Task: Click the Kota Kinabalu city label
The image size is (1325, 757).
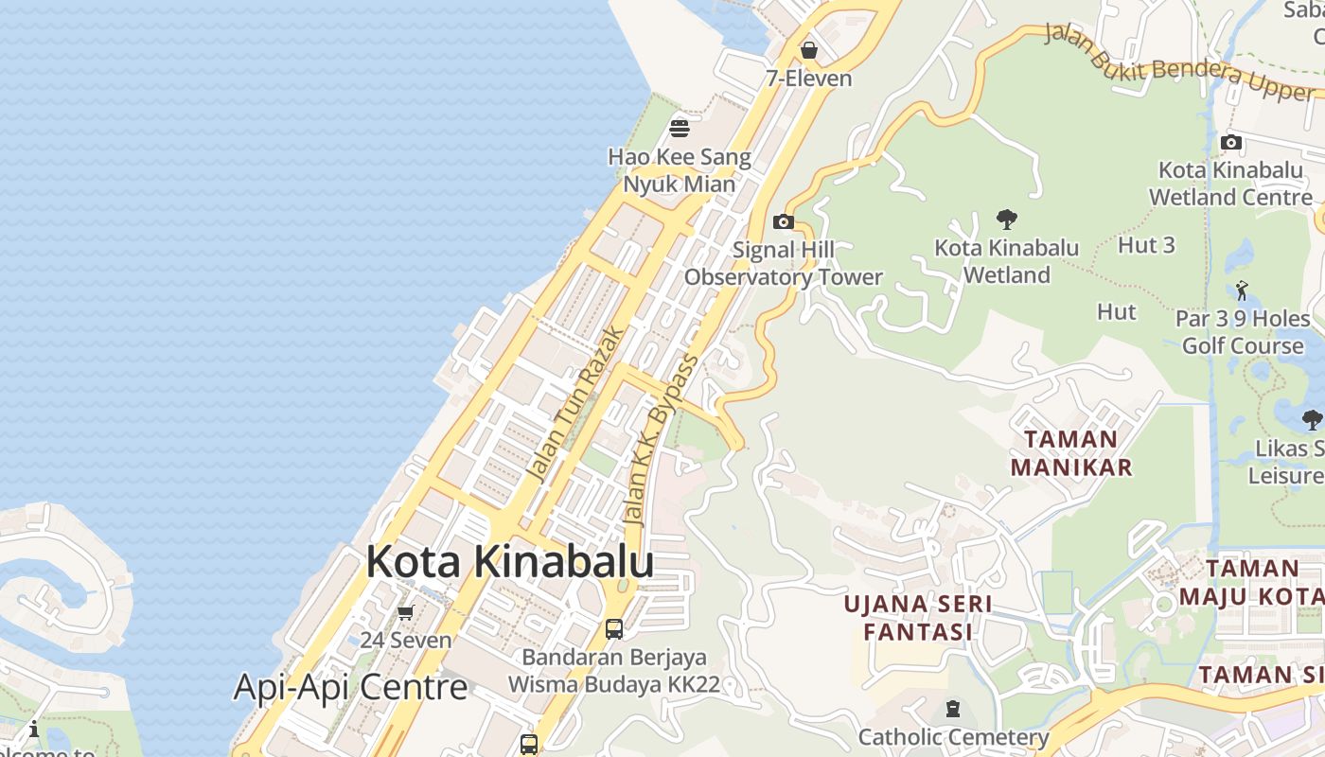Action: click(509, 561)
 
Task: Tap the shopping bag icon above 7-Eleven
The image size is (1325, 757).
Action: click(809, 50)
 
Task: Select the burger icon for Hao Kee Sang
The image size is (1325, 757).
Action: click(680, 128)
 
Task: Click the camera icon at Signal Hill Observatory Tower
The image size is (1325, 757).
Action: click(784, 221)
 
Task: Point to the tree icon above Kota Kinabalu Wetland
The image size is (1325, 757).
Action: click(1007, 220)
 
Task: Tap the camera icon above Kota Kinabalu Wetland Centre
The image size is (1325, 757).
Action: click(1231, 143)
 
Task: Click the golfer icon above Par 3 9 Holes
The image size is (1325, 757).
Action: click(1243, 290)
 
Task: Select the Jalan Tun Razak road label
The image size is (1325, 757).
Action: click(576, 404)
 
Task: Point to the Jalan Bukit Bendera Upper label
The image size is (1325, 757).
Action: click(1179, 61)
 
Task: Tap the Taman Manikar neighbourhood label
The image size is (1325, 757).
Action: click(1071, 452)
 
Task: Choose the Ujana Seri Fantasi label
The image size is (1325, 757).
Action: click(917, 617)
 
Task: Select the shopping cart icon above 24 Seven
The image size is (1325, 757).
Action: click(406, 612)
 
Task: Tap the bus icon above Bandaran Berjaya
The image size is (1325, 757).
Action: click(614, 628)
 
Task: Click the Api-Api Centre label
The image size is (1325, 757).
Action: click(350, 687)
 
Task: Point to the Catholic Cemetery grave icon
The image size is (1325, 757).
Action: click(953, 709)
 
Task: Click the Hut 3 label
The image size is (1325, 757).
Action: click(1146, 245)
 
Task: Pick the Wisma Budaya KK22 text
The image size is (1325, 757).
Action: click(614, 683)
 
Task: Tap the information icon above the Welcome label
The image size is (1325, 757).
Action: click(34, 729)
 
